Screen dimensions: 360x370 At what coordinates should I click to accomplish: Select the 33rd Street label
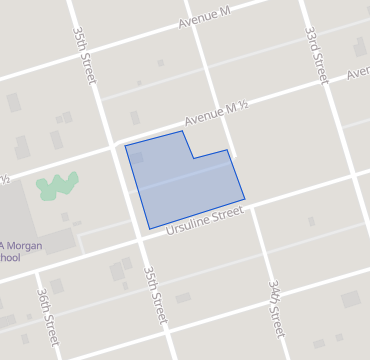tap(317, 55)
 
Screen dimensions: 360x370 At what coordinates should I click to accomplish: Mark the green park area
tap(57, 185)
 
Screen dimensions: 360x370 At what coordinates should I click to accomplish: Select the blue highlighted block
tap(180, 185)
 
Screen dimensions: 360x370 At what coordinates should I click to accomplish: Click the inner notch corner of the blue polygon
tap(193, 158)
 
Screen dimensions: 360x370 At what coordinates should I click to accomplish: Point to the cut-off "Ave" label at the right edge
tap(358, 74)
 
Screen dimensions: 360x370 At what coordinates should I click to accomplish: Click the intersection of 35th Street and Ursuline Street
tap(142, 237)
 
